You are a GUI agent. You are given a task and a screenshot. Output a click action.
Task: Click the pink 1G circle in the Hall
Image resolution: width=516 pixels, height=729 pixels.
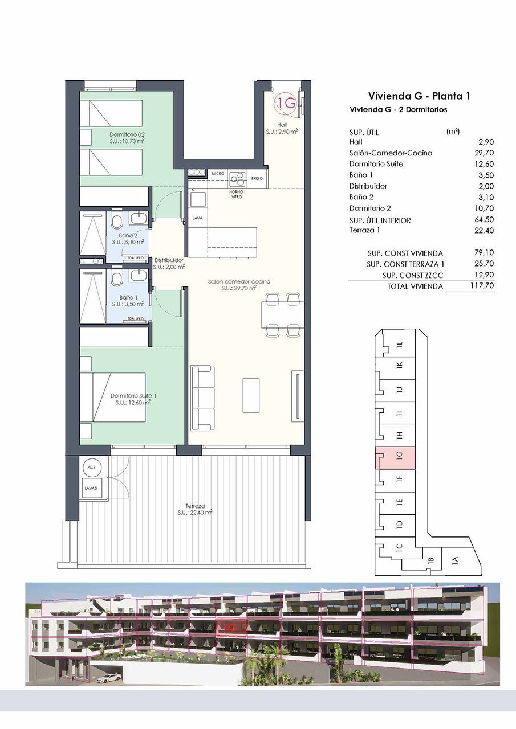click(x=286, y=103)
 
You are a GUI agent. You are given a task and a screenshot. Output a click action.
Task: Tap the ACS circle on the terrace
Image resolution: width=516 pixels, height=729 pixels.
click(x=91, y=467)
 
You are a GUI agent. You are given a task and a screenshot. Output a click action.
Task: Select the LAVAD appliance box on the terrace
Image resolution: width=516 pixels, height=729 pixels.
click(x=91, y=489)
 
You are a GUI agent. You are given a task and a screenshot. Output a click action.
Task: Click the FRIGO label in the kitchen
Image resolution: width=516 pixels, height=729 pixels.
click(x=257, y=179)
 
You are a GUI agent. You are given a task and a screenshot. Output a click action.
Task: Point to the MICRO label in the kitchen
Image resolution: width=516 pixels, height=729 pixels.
click(x=217, y=173)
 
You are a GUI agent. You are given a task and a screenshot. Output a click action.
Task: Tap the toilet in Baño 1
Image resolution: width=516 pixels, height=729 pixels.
click(x=117, y=279)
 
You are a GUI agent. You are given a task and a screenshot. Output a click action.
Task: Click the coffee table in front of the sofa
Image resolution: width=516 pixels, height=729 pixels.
click(x=251, y=395)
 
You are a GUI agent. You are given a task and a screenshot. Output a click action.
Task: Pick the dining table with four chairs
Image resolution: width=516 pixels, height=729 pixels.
click(x=283, y=314)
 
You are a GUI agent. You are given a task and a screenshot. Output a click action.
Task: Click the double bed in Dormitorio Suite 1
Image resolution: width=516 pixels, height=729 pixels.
click(x=117, y=397)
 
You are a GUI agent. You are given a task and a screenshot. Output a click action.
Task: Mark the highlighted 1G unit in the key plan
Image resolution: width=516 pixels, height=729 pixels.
click(x=395, y=458)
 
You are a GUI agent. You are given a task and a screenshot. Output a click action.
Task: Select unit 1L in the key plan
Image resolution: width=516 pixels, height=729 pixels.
click(x=399, y=345)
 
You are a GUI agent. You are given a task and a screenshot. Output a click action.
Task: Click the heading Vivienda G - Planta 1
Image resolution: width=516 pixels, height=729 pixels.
click(x=419, y=96)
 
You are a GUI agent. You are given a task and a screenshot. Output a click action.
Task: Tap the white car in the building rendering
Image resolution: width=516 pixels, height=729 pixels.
click(x=109, y=678)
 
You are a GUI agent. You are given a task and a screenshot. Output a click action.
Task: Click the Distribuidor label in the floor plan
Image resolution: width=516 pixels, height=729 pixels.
click(x=169, y=261)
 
